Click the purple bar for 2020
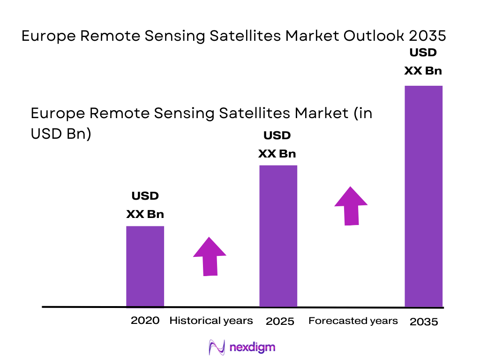click(x=145, y=266)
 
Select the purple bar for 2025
click(x=278, y=236)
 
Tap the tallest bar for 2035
click(x=423, y=196)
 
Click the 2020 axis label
click(x=145, y=321)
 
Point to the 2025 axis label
click(x=280, y=322)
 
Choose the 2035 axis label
click(x=424, y=322)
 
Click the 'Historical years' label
click(x=211, y=321)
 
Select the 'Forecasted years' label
click(x=353, y=321)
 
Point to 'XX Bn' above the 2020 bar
click(x=145, y=214)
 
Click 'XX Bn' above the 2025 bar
click(x=277, y=154)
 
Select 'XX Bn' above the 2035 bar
click(x=423, y=71)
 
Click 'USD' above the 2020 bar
click(x=145, y=196)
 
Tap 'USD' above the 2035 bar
click(x=423, y=52)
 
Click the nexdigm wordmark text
click(x=252, y=347)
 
